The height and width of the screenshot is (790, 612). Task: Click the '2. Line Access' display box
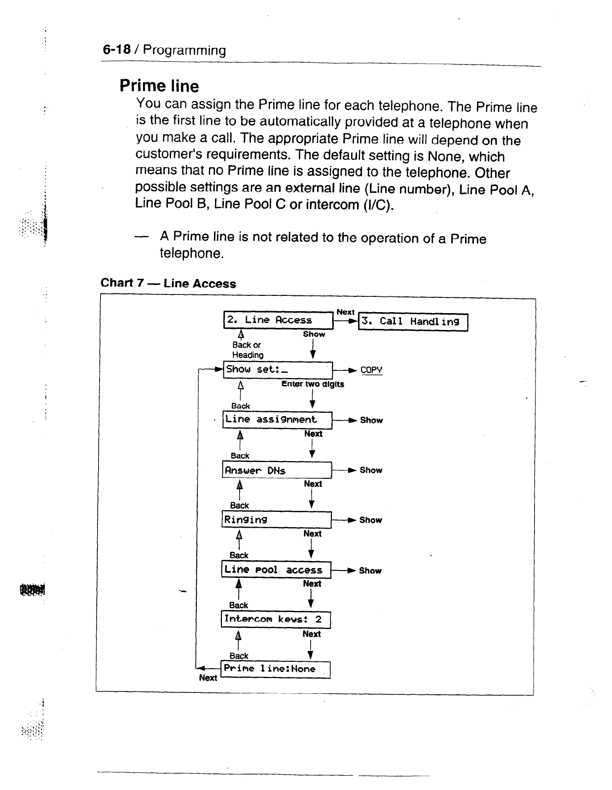click(x=278, y=320)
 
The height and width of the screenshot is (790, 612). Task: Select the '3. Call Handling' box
click(x=413, y=322)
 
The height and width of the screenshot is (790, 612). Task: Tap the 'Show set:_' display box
click(x=278, y=369)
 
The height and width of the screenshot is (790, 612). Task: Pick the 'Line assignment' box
click(x=277, y=420)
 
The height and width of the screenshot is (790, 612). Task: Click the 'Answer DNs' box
click(x=277, y=470)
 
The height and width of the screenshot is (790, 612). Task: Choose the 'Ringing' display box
click(x=276, y=520)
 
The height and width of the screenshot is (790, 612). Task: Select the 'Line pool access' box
click(x=276, y=570)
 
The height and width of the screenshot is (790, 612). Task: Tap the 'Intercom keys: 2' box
click(x=275, y=619)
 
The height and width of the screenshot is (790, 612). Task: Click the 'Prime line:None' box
click(x=275, y=669)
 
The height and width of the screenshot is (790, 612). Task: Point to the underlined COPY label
click(x=371, y=370)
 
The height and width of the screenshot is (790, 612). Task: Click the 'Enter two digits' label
click(x=313, y=384)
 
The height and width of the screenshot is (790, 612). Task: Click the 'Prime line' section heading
click(x=159, y=86)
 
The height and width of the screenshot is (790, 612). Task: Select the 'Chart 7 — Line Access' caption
click(x=168, y=283)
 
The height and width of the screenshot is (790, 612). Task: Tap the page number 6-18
click(x=116, y=50)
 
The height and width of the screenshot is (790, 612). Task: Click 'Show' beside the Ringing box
click(x=370, y=520)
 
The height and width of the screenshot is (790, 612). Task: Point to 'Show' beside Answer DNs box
click(x=371, y=470)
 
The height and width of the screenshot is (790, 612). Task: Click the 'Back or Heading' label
click(x=248, y=350)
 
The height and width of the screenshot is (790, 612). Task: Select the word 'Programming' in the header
click(x=184, y=50)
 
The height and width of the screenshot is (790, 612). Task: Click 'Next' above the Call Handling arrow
click(x=345, y=312)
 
